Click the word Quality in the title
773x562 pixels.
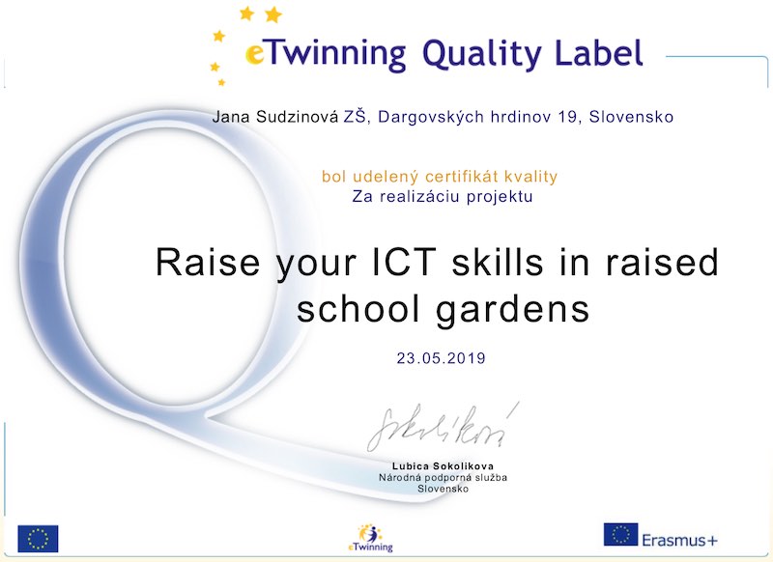coord(482,54)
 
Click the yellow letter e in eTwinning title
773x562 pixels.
coord(255,54)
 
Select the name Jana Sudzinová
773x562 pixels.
coord(275,117)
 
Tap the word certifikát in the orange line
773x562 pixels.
coord(456,177)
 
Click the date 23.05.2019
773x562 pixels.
coord(442,358)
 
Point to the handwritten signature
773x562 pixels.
coord(443,427)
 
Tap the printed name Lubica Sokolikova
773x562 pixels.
coord(443,466)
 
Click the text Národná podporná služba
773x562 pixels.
coord(443,477)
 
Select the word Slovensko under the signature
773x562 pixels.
coord(443,489)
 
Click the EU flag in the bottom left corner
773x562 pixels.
coord(38,539)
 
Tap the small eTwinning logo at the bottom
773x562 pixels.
coord(370,538)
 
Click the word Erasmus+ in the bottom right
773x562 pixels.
coord(679,541)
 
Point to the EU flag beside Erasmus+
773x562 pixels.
coord(620,534)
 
